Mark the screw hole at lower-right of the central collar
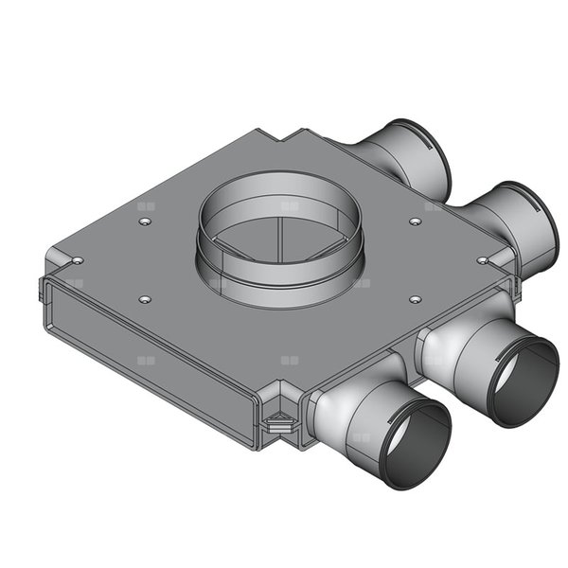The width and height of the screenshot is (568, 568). pyautogui.click(x=415, y=299)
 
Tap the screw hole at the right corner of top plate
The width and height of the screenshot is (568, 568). pyautogui.click(x=482, y=258)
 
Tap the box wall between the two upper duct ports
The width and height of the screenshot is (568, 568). pyautogui.click(x=445, y=194)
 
